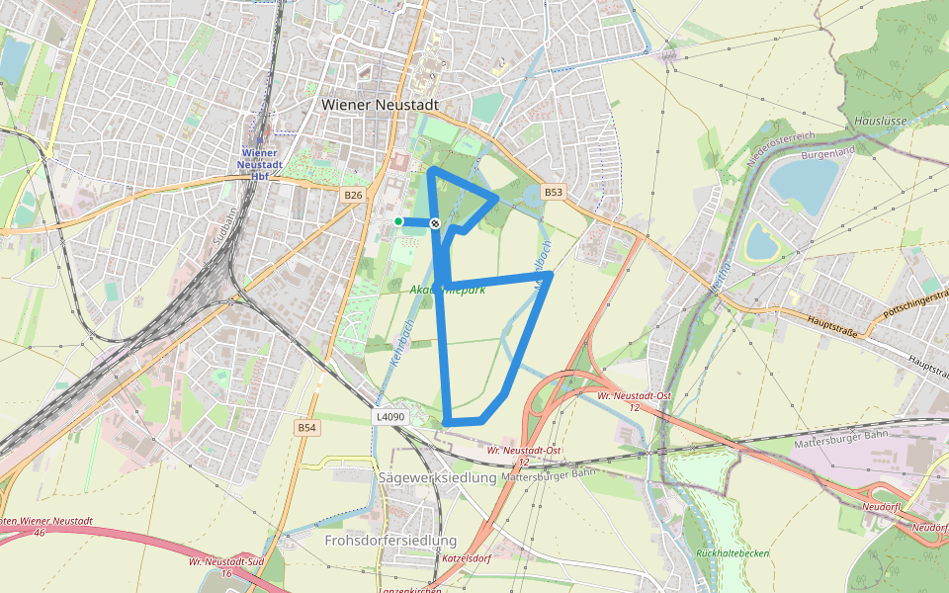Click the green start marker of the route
pos(398,221)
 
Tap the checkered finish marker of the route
pos(434,224)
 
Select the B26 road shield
pos(353,195)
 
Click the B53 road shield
pos(554,193)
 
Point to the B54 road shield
pos(307,428)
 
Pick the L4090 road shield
pos(389,417)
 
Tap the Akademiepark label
pos(447,290)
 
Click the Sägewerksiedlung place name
pos(437,477)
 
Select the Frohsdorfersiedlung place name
pos(390,541)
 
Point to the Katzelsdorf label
pos(467,558)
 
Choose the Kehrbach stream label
pos(400,342)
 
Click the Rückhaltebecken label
pos(733,553)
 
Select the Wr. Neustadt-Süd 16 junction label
pos(226,566)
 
